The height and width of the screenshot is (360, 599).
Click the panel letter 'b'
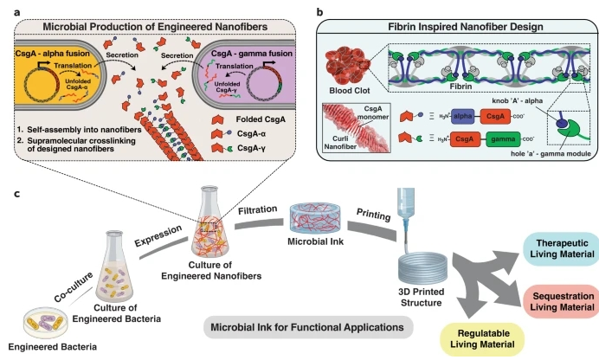(319, 9)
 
